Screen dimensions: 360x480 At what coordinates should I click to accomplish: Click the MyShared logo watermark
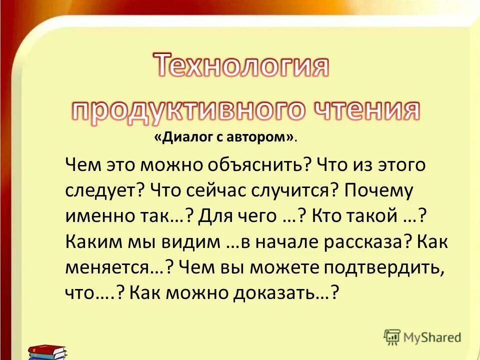pyautogui.click(x=422, y=337)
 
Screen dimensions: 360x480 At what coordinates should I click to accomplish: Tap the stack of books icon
pyautogui.click(x=47, y=351)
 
